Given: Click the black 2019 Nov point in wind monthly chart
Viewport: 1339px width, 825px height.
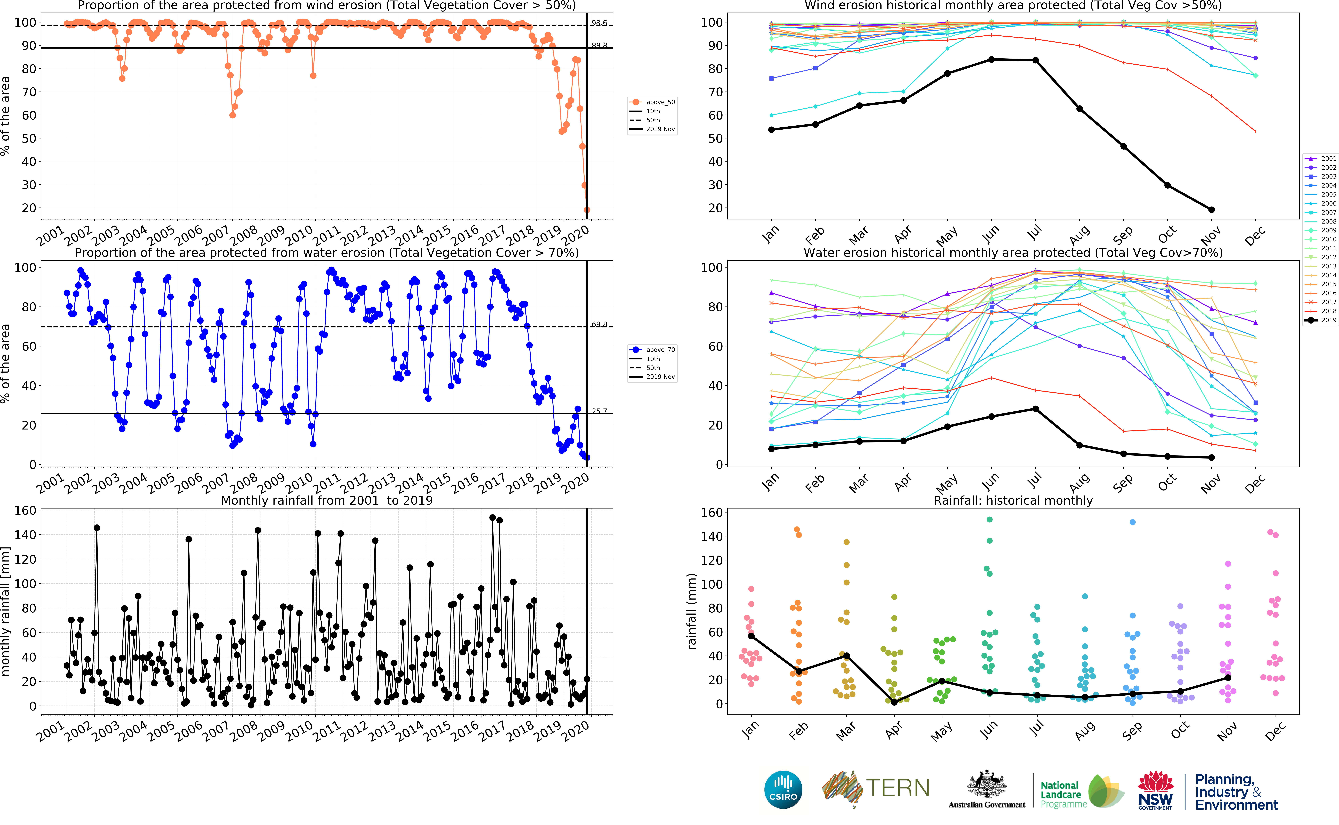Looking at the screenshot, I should [1211, 210].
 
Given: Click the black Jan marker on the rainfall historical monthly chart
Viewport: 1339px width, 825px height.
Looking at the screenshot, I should [751, 636].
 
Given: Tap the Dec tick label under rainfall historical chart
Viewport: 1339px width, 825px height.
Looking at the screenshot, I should [1275, 731].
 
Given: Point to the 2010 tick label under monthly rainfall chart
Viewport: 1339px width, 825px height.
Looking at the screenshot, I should [299, 731].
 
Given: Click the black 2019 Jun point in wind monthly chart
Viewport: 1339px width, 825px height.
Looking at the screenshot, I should [991, 59].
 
